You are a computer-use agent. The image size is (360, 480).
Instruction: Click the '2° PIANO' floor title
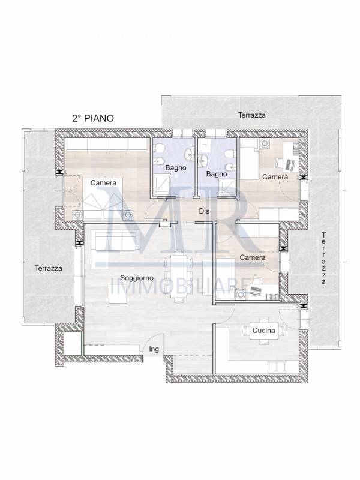click(93, 118)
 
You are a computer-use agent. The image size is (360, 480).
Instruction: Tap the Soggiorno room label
click(137, 278)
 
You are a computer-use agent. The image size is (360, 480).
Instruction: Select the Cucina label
click(263, 331)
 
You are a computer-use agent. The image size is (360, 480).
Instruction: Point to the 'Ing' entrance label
click(154, 349)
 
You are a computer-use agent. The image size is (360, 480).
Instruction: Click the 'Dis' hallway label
click(204, 211)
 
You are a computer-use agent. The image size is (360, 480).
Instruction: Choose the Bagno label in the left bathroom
click(176, 168)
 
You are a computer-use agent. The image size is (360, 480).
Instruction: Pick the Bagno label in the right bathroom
click(217, 174)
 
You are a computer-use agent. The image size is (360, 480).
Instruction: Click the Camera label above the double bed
click(103, 183)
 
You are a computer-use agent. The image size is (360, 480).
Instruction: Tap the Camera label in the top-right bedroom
click(275, 176)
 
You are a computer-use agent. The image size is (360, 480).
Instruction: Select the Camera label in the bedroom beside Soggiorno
click(253, 257)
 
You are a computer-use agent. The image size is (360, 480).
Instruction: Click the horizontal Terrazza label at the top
click(252, 115)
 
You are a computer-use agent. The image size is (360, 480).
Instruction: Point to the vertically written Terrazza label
click(323, 258)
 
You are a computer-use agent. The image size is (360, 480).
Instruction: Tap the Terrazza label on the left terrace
click(49, 268)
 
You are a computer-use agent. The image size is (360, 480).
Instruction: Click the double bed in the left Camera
click(103, 198)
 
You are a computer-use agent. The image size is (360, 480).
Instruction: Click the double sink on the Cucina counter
click(276, 367)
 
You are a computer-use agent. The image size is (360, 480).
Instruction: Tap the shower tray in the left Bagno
click(161, 185)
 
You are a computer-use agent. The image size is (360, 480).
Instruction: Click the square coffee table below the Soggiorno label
click(118, 294)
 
